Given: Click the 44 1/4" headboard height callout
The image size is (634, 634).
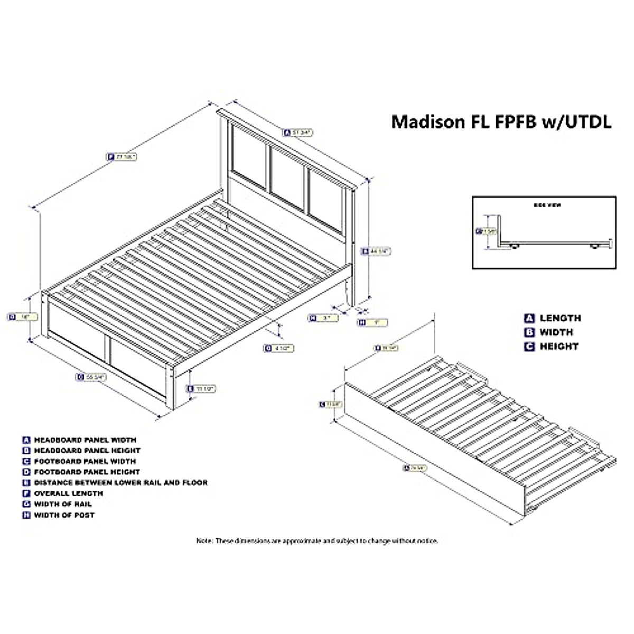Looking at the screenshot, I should pyautogui.click(x=376, y=251).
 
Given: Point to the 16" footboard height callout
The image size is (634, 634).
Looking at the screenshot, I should pyautogui.click(x=23, y=316).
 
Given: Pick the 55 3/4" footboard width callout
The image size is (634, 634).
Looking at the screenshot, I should pyautogui.click(x=91, y=377).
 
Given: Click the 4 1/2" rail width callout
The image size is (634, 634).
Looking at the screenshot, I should pyautogui.click(x=278, y=348).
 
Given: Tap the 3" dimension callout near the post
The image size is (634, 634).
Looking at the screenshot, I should pyautogui.click(x=323, y=318).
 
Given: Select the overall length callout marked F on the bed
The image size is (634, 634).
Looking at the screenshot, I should pyautogui.click(x=122, y=157).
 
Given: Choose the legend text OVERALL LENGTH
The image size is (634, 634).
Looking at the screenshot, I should pyautogui.click(x=69, y=493).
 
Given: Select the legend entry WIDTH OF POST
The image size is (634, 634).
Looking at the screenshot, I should pyautogui.click(x=64, y=515).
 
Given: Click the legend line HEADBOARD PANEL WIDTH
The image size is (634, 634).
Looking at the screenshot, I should pyautogui.click(x=85, y=440).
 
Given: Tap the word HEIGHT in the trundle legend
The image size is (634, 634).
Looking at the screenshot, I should pyautogui.click(x=558, y=347).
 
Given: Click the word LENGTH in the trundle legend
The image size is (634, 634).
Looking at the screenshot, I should pyautogui.click(x=560, y=318).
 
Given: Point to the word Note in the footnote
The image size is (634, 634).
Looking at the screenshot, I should pyautogui.click(x=204, y=541).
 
